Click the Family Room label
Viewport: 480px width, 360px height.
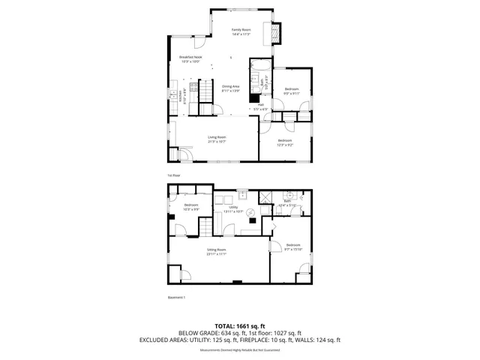(x=241, y=31)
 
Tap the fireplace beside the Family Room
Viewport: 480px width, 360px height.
(x=275, y=34)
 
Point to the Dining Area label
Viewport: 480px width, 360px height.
(x=230, y=88)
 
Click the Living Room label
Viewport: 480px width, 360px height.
(x=218, y=139)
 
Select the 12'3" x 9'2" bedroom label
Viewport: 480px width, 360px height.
(x=285, y=142)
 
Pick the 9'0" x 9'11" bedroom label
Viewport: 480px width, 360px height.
(x=291, y=91)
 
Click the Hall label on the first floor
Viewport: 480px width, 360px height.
(x=260, y=106)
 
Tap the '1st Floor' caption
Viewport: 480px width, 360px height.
(x=173, y=175)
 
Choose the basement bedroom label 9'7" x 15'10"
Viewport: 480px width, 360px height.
(x=293, y=247)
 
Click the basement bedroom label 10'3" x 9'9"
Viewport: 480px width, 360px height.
(x=191, y=207)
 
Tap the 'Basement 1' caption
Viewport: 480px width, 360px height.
(x=176, y=297)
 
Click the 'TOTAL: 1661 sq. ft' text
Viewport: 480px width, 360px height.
(x=239, y=326)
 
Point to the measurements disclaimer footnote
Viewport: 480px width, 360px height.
(x=239, y=348)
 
